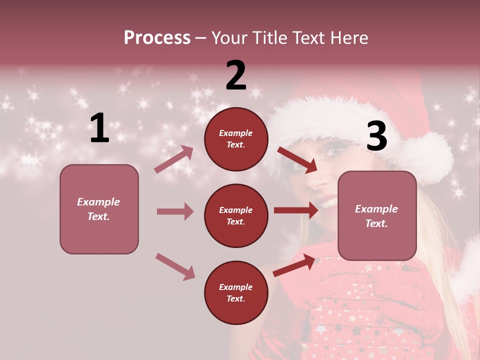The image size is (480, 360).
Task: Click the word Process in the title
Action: point(157,37)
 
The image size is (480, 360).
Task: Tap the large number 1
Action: point(99,128)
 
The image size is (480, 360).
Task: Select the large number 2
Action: point(236,75)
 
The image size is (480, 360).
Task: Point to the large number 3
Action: point(376,136)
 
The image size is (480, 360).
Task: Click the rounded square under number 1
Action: point(99,209)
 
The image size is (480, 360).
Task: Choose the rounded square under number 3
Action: point(377,215)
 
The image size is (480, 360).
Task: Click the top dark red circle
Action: point(236,139)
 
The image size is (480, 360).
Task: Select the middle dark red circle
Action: point(236,215)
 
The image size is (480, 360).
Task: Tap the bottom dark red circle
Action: point(236,292)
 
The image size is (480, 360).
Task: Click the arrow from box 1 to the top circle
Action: point(174,159)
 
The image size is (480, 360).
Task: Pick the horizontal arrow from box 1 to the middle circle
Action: point(175,211)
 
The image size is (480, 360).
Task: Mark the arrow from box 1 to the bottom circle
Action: point(175,266)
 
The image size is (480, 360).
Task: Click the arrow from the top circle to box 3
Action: point(297,159)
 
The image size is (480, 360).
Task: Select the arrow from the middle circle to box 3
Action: point(296,210)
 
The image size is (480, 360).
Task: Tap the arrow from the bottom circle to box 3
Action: point(294,265)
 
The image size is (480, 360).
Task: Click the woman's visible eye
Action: point(336,149)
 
